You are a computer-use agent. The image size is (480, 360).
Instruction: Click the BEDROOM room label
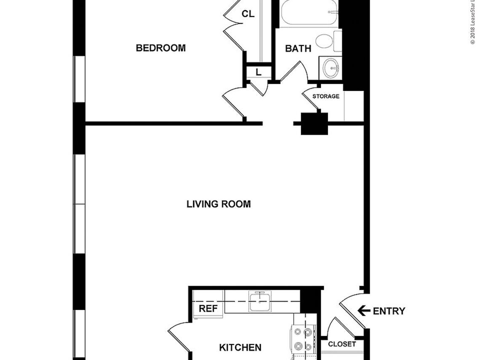click(x=161, y=48)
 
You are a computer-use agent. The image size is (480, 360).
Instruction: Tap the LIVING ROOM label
click(x=219, y=204)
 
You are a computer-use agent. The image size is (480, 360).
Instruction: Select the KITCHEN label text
click(x=240, y=347)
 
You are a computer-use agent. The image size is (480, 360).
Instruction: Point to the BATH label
click(x=298, y=48)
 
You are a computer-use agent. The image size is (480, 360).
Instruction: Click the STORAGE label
click(x=326, y=96)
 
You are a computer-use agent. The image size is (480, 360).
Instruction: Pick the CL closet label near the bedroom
click(x=248, y=14)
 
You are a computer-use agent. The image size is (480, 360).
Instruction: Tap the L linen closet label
click(x=259, y=72)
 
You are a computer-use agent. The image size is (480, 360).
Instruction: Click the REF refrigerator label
click(x=208, y=308)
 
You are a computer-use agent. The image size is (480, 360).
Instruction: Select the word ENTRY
click(x=389, y=311)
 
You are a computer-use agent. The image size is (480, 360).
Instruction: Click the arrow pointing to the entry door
click(x=364, y=311)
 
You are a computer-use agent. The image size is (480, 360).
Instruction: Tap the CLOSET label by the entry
click(x=341, y=344)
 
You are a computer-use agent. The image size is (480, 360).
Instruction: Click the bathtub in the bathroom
click(x=309, y=12)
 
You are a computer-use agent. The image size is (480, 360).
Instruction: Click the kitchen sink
click(x=260, y=301)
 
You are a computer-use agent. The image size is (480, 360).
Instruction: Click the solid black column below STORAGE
click(x=315, y=124)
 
